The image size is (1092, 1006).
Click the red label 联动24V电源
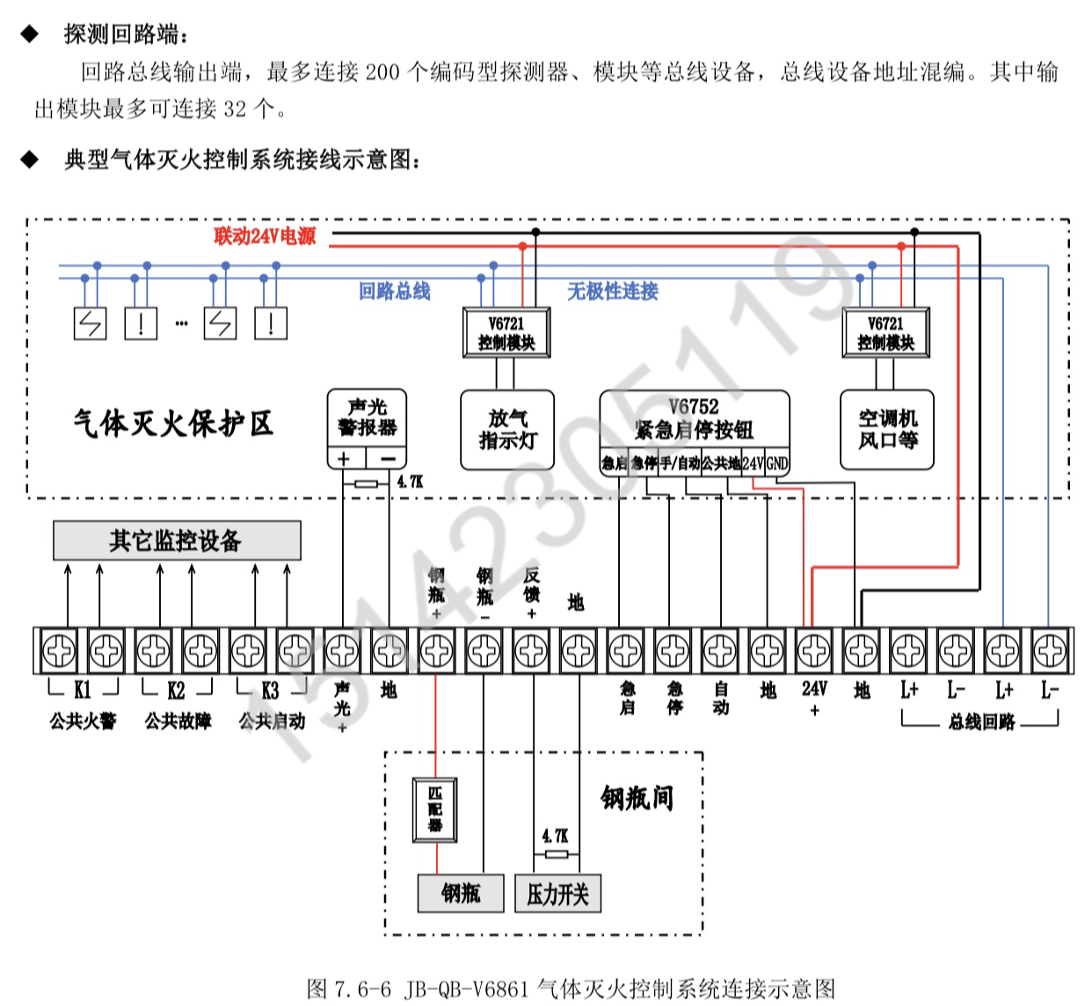[x=265, y=235]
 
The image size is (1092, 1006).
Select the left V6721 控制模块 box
[x=506, y=333]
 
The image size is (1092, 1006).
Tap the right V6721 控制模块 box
[x=885, y=333]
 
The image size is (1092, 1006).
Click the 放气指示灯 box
[x=507, y=429]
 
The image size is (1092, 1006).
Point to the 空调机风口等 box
[x=887, y=429]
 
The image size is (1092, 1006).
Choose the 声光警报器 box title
[x=367, y=417]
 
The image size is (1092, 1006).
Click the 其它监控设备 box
[x=177, y=540]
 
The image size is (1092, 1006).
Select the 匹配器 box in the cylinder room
[x=435, y=809]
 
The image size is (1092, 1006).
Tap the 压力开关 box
[x=557, y=894]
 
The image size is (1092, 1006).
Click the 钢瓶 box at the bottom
[x=461, y=894]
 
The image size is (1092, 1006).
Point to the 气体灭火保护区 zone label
[x=173, y=423]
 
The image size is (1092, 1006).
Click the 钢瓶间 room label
[x=637, y=798]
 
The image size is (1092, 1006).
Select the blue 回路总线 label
[x=394, y=291]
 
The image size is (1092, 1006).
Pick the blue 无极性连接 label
[x=613, y=291]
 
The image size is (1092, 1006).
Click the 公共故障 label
[x=178, y=721]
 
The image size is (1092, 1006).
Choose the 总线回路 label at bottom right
[x=981, y=722]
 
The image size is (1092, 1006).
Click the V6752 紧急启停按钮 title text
[x=694, y=418]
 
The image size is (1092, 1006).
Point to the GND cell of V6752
[x=777, y=463]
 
